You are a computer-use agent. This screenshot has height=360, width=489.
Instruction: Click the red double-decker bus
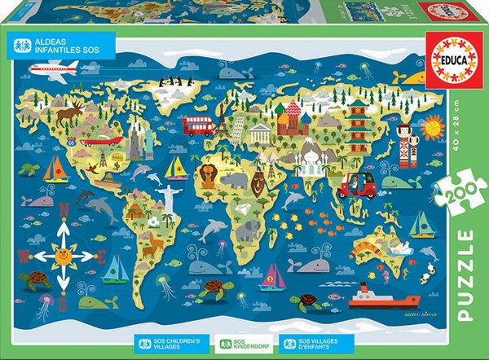198,125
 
